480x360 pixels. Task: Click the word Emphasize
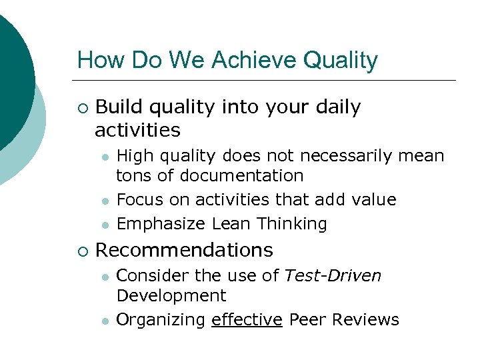161,224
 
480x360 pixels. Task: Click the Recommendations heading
184,250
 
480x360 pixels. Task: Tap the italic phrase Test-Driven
333,275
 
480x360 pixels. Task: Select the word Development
171,295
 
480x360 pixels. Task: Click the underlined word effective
247,320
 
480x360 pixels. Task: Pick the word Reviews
365,320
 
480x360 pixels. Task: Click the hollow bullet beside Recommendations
81,251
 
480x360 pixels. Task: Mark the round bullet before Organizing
105,321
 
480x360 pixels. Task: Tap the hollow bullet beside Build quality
81,107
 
